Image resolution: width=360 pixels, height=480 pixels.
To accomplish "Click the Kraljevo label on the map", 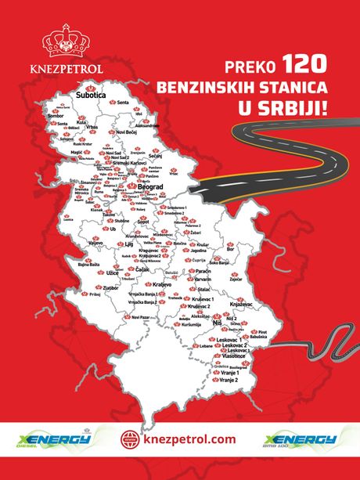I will click(x=161, y=283).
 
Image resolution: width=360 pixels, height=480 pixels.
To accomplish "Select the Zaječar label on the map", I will click(x=238, y=278).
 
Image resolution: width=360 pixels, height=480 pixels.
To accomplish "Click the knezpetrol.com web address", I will click(x=189, y=439).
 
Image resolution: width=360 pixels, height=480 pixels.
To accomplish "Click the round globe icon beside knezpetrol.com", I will click(x=130, y=440).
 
